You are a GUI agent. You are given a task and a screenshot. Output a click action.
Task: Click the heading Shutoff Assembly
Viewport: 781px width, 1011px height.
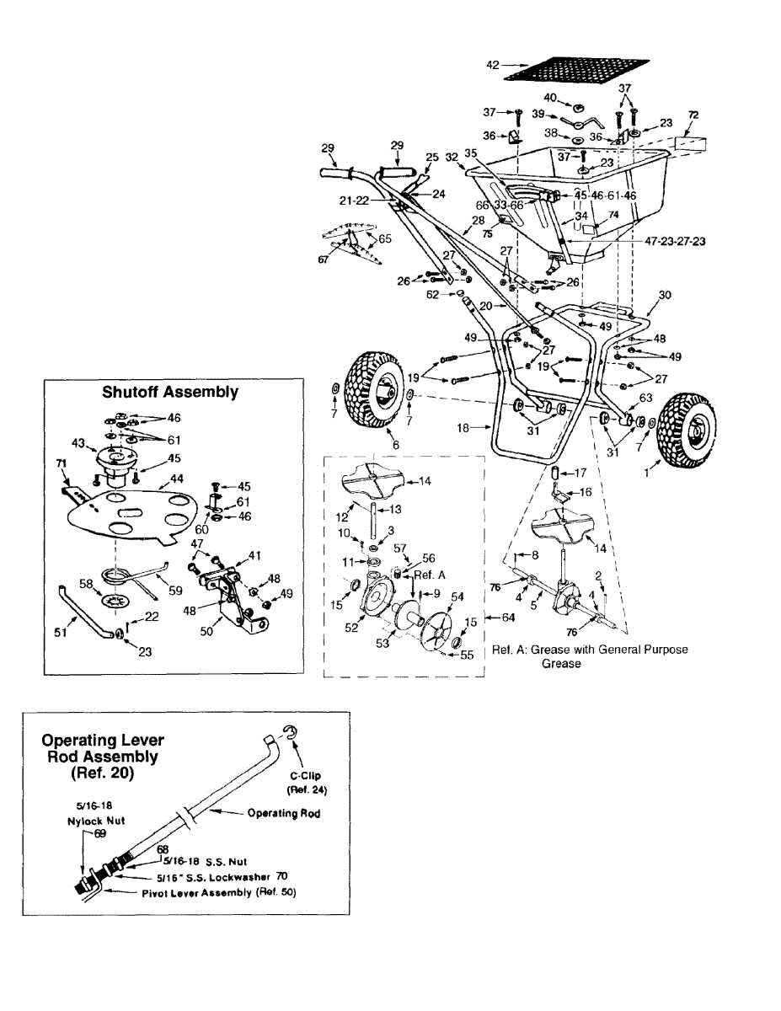pos(170,392)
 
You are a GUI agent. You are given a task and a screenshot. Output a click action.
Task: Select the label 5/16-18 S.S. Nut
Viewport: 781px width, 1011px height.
pos(189,863)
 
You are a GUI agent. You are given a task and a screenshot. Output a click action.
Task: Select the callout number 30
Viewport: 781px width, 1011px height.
pos(665,295)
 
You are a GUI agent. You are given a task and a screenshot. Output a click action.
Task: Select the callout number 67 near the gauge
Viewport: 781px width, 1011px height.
pos(324,261)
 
